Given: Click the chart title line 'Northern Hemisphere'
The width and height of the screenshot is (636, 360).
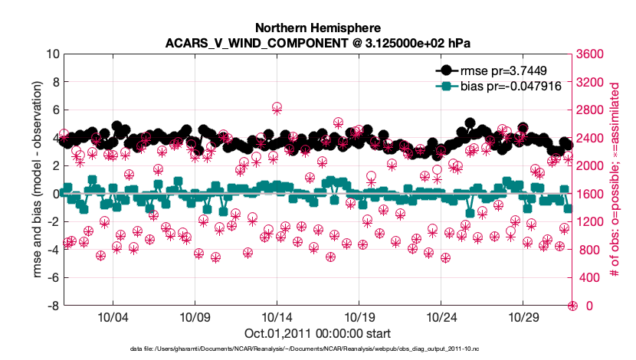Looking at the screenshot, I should pos(316,26).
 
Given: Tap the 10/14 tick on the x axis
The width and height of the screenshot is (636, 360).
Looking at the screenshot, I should pos(276,317).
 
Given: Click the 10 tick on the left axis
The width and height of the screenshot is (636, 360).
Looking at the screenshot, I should pos(53,54).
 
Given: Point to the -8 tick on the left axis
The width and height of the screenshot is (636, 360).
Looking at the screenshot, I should pos(54,306).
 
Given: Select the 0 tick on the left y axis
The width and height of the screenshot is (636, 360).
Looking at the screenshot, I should pos(56,194).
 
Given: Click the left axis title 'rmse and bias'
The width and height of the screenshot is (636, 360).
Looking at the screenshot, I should pos(37,180).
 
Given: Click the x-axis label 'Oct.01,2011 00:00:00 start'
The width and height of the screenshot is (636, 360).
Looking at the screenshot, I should pos(316,333).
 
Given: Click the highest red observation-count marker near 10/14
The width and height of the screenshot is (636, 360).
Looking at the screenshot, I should pos(277,108).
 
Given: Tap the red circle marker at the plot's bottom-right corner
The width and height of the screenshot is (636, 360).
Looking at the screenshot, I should pos(572,306).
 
